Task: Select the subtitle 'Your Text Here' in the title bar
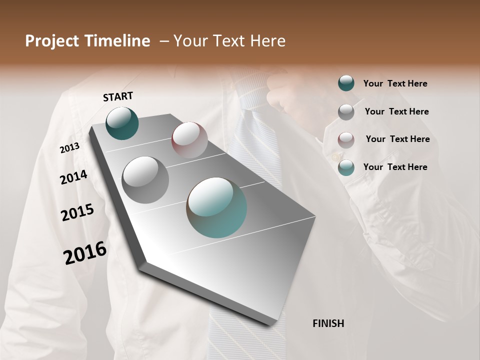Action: click(x=229, y=41)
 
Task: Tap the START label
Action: click(x=118, y=96)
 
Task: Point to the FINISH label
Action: click(x=328, y=323)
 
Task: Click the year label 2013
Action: click(x=69, y=148)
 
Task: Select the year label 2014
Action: click(x=73, y=177)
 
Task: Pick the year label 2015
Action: click(x=77, y=212)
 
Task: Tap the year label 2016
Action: click(x=85, y=252)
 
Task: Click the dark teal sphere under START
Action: click(x=122, y=123)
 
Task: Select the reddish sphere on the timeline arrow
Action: click(x=189, y=140)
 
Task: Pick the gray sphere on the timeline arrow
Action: click(x=145, y=179)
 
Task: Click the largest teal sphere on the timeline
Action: click(x=216, y=207)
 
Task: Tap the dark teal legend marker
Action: click(x=346, y=83)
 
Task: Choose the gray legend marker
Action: click(x=346, y=111)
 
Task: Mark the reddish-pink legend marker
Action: click(x=346, y=139)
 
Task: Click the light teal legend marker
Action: click(x=346, y=167)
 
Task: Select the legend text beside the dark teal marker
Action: click(x=395, y=83)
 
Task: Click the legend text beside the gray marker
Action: click(x=396, y=111)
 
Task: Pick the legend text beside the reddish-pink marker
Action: click(x=397, y=139)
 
